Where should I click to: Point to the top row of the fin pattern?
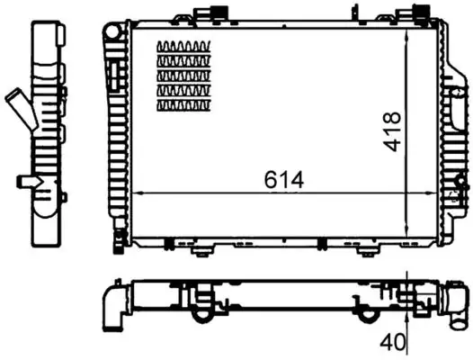(x=183, y=47)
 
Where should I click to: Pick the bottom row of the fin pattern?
(x=183, y=106)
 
